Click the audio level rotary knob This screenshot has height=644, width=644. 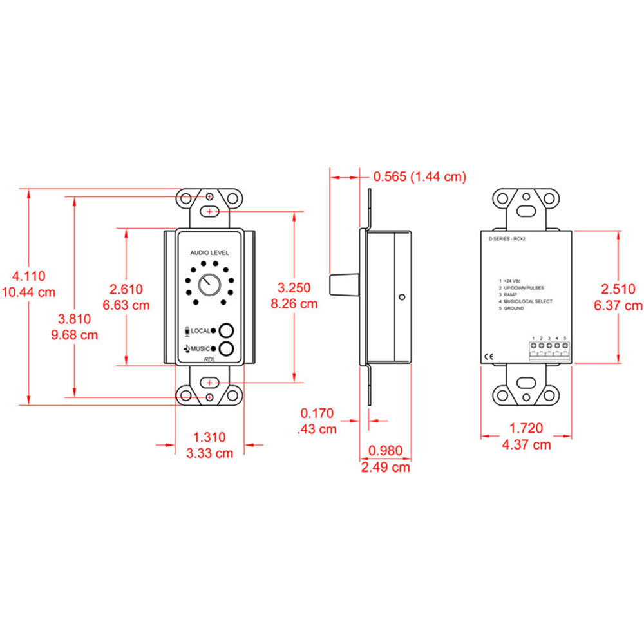(x=209, y=284)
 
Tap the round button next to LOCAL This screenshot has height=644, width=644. (x=226, y=331)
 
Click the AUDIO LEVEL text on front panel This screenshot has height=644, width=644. (x=209, y=253)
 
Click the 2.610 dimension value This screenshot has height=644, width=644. (x=126, y=290)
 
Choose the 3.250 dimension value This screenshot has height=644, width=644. (x=294, y=288)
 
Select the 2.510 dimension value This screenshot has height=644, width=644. (x=619, y=290)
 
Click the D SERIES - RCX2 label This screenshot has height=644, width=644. (x=508, y=238)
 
